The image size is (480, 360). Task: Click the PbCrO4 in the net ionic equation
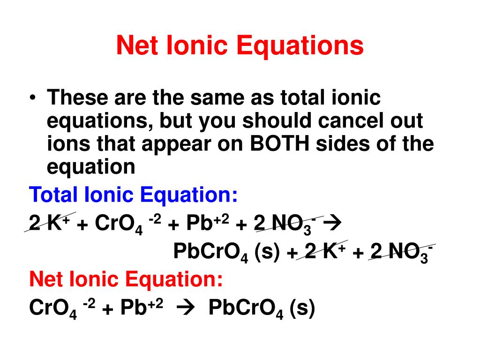(246, 309)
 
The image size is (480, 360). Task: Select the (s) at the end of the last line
(301, 308)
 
